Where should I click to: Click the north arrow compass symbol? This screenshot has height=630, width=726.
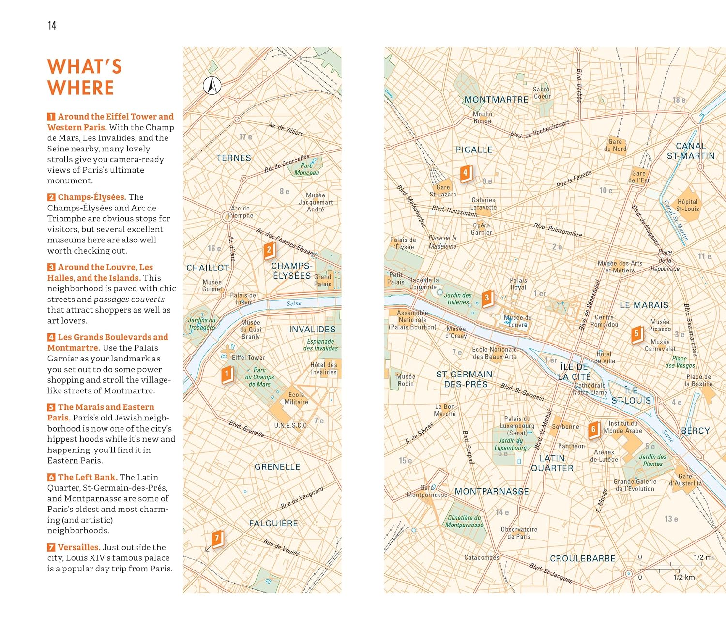212,86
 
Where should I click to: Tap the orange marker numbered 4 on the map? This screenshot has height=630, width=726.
465,173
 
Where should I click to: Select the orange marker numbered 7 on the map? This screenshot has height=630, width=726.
217,538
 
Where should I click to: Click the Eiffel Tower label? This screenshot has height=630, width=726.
248,358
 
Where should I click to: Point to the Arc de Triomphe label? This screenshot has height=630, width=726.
241,212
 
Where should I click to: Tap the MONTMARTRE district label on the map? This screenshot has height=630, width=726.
496,100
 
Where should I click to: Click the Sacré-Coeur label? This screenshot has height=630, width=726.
542,93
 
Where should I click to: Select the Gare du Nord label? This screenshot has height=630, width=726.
615,145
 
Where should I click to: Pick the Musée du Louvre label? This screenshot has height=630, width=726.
518,321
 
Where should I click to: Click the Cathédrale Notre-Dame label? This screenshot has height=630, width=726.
590,389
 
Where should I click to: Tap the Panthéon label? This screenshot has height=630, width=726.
571,446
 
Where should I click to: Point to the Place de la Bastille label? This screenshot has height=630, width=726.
699,380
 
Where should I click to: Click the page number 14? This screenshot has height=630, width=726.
52,25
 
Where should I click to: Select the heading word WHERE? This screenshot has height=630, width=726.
81,88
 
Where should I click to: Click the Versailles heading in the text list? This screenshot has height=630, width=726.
79,547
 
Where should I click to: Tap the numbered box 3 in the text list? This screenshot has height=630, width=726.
51,267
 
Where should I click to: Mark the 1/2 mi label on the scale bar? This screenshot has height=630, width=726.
704,557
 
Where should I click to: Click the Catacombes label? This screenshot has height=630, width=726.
482,558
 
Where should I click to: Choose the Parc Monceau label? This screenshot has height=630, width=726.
307,169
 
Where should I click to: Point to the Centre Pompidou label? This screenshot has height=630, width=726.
604,321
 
